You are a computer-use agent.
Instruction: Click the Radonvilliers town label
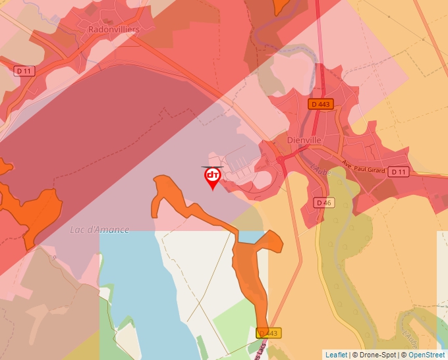(x=113, y=29)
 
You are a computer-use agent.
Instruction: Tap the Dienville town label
(x=303, y=140)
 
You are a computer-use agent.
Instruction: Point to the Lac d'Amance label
(x=99, y=230)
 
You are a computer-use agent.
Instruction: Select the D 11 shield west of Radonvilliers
(x=24, y=70)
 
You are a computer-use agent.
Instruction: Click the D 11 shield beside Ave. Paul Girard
(x=397, y=172)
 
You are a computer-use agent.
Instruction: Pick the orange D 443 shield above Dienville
(x=320, y=104)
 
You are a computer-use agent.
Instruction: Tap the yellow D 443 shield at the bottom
(x=269, y=333)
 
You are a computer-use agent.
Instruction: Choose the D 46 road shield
(x=323, y=203)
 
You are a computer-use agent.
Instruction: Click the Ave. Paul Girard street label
(x=363, y=167)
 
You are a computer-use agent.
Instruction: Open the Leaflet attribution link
(x=336, y=355)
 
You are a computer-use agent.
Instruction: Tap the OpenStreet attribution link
(x=426, y=355)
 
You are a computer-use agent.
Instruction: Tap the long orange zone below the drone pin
(x=250, y=263)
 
